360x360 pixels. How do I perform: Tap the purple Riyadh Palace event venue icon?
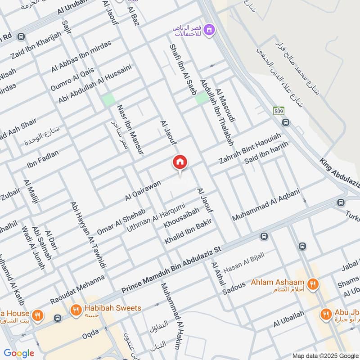[x=209, y=30]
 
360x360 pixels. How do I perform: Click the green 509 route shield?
[x=278, y=110]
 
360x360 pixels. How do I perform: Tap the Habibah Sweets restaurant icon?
[x=75, y=309]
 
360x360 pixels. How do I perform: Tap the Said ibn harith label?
[x=266, y=155]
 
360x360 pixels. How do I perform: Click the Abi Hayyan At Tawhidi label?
[x=88, y=234]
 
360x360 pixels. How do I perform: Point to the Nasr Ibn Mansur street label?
[x=130, y=130]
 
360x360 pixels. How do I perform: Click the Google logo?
[x=18, y=353]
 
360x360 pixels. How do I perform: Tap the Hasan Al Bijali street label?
[x=244, y=263]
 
